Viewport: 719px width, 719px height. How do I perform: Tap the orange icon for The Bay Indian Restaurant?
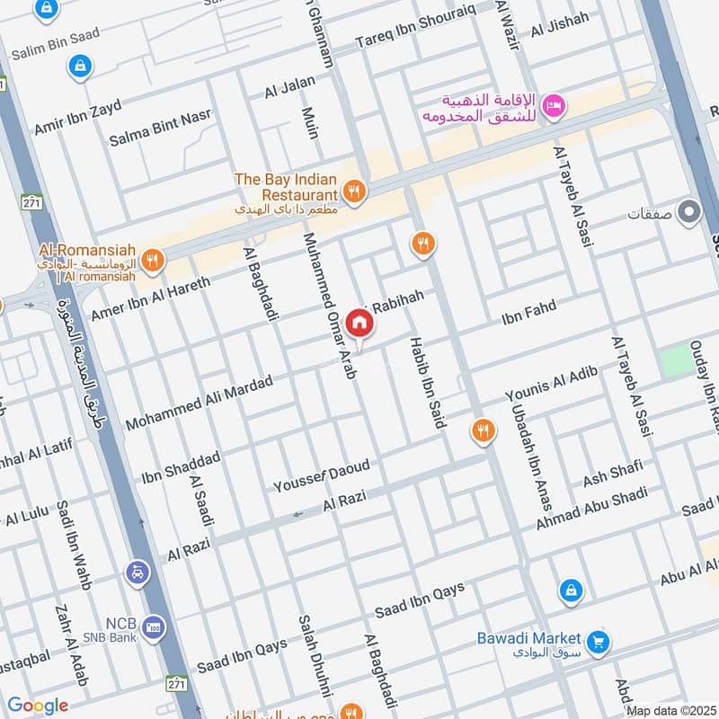pos(354,191)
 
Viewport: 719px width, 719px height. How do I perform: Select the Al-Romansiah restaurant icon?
pos(153,260)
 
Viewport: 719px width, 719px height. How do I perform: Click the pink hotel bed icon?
pos(555,106)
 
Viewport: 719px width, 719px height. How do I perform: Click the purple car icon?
pos(138,573)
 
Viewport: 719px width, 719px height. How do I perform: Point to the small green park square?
pos(678,362)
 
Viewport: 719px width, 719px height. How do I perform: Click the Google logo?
pos(38,706)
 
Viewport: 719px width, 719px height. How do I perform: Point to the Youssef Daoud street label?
pos(321,476)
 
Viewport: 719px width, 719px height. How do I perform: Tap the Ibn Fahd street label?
pos(528,312)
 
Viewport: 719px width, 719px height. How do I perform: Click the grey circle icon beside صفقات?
pos(689,213)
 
